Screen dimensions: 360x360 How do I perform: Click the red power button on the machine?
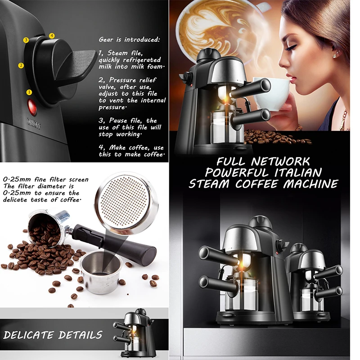click(x=32, y=107)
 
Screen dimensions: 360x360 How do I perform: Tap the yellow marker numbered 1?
click(x=30, y=92)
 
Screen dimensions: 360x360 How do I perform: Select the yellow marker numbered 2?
click(x=21, y=66)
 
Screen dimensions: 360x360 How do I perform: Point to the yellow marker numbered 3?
click(x=26, y=40)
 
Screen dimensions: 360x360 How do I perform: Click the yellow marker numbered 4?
click(x=52, y=36)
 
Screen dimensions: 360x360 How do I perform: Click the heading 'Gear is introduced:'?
click(x=129, y=40)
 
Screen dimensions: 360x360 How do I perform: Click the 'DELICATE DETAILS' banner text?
click(x=53, y=335)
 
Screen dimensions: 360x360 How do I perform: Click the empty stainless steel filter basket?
click(x=100, y=271)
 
